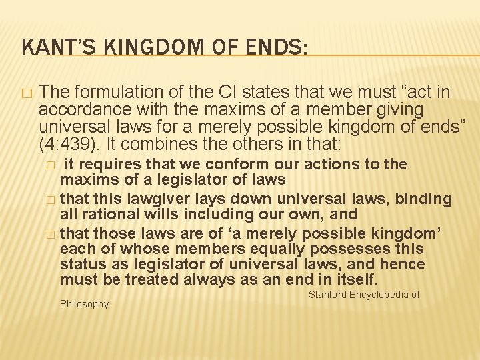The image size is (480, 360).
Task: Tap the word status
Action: tap(81, 264)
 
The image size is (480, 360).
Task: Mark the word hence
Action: tap(397, 264)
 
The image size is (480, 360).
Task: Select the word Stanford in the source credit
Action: tap(330, 294)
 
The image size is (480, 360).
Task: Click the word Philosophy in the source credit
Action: tap(84, 304)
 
